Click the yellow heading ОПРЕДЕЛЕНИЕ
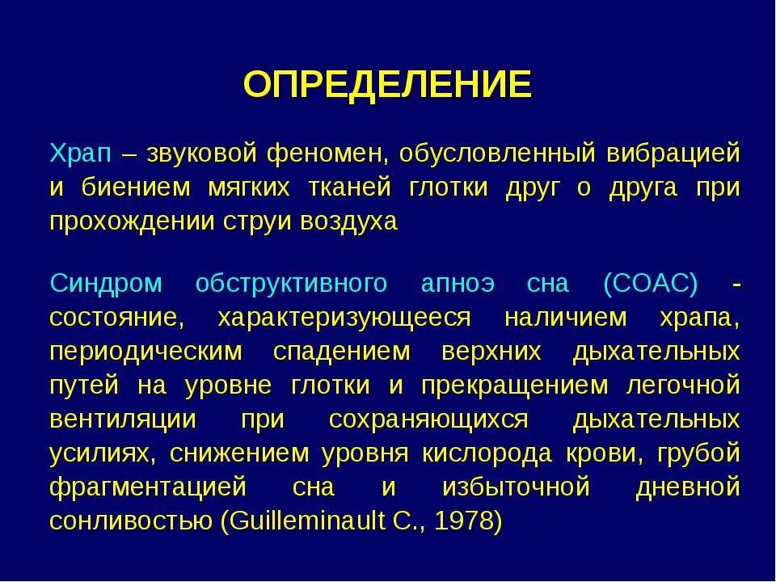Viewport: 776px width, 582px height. tap(388, 83)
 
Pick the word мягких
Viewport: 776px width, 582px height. tap(251, 187)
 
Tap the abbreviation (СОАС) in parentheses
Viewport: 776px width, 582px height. tap(650, 284)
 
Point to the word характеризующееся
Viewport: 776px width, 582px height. tap(344, 318)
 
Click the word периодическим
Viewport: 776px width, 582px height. tap(145, 352)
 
